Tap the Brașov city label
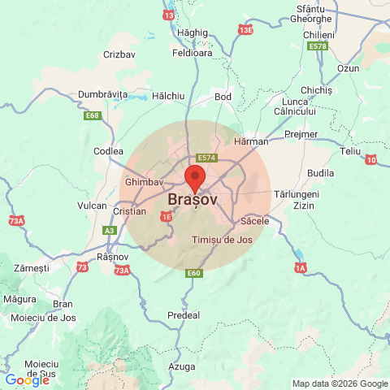[193, 199]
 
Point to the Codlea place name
[108, 151]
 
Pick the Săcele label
[255, 221]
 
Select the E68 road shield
[93, 116]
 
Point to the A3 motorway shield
[110, 231]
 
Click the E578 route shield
[318, 47]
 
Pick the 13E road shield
[245, 30]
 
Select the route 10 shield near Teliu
[371, 160]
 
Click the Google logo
[27, 379]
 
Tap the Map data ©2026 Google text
[340, 383]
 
